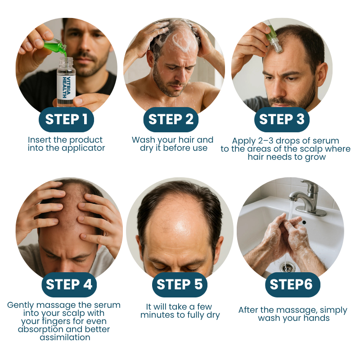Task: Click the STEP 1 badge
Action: pos(66,119)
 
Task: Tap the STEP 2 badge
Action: pos(171,119)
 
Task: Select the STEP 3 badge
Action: pos(282,119)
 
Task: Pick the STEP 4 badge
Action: pos(69,284)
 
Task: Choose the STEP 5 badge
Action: pos(180,284)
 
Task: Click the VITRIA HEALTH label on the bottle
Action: pos(66,87)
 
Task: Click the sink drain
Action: pos(288,267)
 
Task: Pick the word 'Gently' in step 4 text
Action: pos(20,306)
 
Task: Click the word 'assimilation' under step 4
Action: pos(65,337)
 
